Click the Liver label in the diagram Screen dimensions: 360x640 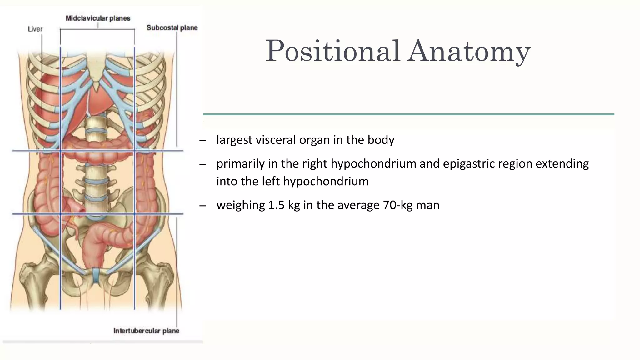pos(35,29)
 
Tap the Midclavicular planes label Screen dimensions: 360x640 pos(98,18)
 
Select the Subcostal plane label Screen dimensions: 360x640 pos(172,28)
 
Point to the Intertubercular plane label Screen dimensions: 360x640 pos(146,331)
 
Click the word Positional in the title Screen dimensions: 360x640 pos(332,52)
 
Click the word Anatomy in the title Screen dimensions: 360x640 pos(469,52)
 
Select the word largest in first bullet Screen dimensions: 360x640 pos(234,140)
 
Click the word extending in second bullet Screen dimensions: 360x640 pos(562,164)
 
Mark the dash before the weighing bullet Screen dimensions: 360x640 pos(202,206)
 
